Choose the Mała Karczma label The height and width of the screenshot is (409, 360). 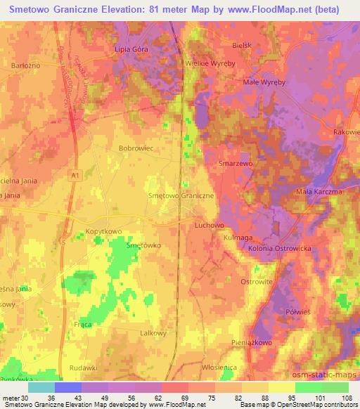pyautogui.click(x=319, y=191)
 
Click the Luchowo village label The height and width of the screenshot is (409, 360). pyautogui.click(x=209, y=225)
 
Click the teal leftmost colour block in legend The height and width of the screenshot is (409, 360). pyautogui.click(x=41, y=387)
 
